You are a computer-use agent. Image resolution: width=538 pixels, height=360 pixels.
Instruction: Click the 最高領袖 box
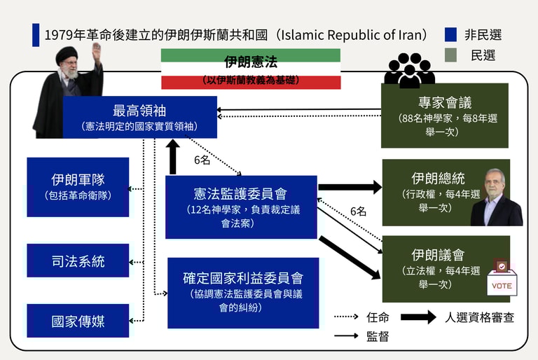pos(139,117)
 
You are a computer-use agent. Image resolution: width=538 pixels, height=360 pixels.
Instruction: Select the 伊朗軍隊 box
pos(78,186)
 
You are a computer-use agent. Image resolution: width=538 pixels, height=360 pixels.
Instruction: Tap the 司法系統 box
pos(78,261)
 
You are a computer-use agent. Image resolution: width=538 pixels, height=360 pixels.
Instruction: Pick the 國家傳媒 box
pos(78,321)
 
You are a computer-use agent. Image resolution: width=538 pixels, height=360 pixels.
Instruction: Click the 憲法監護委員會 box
pos(241,207)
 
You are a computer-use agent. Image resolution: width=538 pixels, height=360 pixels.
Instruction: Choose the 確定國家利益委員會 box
pos(243,293)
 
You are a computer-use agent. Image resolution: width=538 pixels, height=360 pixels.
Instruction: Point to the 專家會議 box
pos(445,116)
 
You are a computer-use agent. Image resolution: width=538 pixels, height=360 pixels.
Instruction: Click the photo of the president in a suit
pos(496,201)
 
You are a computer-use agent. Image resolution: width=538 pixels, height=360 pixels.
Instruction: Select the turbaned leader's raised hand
pos(96,50)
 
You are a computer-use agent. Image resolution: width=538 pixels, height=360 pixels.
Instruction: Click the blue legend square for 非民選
pos(451,34)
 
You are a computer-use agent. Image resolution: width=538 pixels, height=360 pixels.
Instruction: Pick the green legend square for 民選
pos(451,55)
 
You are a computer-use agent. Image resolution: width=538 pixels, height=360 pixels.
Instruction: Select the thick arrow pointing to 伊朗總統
pos(350,187)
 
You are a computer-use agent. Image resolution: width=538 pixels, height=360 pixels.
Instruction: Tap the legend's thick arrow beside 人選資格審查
pos(418,317)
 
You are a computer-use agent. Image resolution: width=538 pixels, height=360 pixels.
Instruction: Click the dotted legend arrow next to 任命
pos(346,317)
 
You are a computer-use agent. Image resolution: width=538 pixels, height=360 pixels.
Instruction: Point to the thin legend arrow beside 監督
pos(346,336)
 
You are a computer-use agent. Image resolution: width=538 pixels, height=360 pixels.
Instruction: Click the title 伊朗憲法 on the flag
pos(250,62)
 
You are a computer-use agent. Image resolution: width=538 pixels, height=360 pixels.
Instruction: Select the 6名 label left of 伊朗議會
pos(358,211)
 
